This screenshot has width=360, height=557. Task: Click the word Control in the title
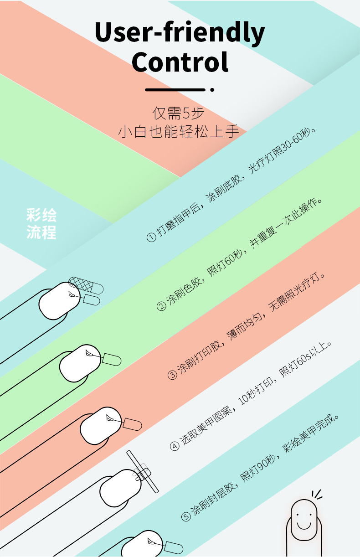(180, 62)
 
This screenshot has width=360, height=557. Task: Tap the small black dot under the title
(212, 90)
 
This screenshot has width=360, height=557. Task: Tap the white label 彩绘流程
(41, 224)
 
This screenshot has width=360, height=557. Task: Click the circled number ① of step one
(151, 237)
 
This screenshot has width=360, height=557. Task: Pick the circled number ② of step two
(161, 306)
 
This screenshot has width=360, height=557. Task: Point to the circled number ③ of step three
(172, 375)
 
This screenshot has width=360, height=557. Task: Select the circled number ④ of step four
(175, 445)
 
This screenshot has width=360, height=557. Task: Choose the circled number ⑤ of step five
(185, 516)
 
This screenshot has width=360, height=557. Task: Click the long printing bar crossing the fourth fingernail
(143, 471)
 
